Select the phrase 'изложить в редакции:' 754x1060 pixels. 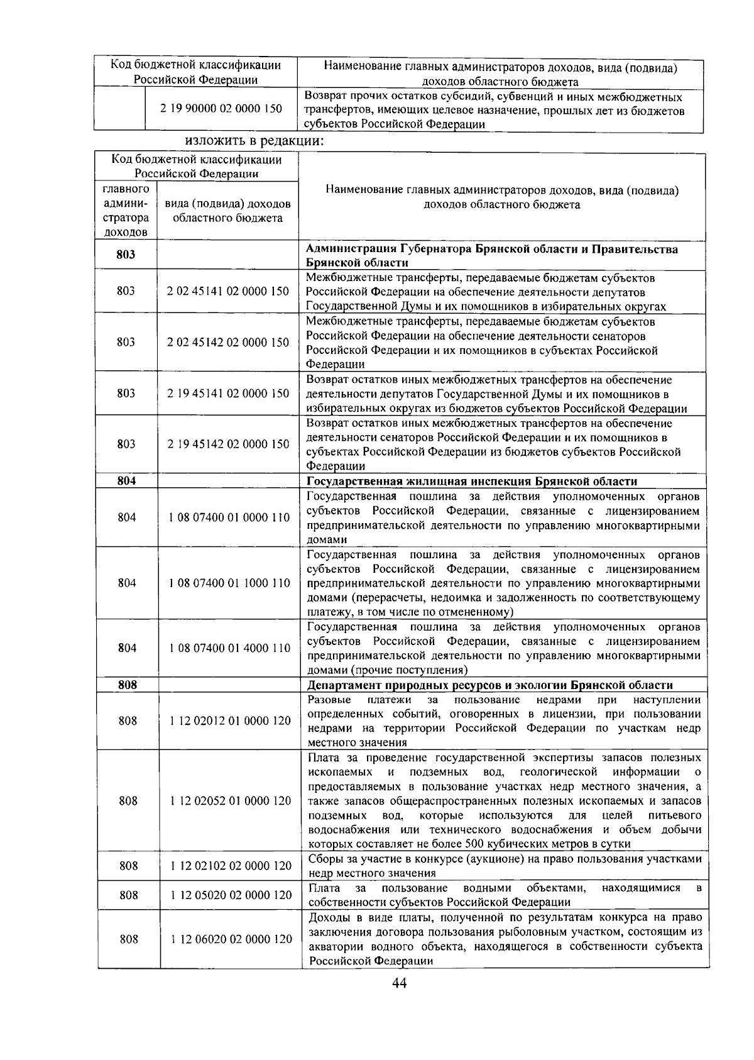[254, 141]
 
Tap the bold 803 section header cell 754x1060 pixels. [126, 255]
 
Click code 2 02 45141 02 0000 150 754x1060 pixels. [228, 291]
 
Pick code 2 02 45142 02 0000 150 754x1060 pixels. [228, 343]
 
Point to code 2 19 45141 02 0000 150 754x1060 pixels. [228, 394]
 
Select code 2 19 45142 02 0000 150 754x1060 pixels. [228, 444]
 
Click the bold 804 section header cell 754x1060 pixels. [126, 481]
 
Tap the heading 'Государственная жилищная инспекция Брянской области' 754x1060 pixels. [471, 482]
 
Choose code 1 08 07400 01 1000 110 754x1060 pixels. [229, 583]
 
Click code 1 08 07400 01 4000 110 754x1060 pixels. [229, 648]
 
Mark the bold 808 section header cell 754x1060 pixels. [128, 685]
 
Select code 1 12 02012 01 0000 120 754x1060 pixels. [230, 721]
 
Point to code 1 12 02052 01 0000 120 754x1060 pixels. [230, 801]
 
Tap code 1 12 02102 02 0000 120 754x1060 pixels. [231, 866]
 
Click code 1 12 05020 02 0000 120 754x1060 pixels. [231, 895]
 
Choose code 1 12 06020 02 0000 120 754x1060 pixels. [231, 939]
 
